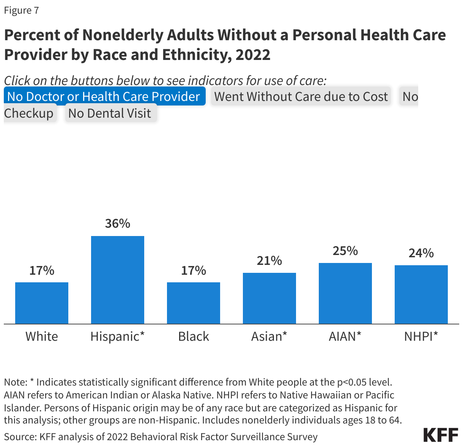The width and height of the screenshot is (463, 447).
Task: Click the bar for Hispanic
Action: (x=118, y=280)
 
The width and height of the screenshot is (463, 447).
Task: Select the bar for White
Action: (x=42, y=303)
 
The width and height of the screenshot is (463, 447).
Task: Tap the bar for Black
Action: (x=194, y=303)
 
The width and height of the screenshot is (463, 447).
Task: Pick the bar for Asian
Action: (x=269, y=298)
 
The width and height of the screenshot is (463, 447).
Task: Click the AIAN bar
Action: (x=345, y=293)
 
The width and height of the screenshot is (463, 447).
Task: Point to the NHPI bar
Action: (x=421, y=294)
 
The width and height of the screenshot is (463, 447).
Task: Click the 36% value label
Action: (x=118, y=223)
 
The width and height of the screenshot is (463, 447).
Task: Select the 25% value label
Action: (x=345, y=251)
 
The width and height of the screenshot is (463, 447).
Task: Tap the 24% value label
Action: (x=421, y=253)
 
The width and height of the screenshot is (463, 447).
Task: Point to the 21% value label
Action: (x=269, y=261)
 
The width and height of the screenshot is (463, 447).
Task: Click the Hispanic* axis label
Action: (x=118, y=336)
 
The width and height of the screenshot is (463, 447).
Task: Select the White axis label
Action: (x=42, y=336)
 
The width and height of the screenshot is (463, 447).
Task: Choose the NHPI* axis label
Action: (x=421, y=336)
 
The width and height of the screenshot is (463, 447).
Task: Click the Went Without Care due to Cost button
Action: (x=301, y=96)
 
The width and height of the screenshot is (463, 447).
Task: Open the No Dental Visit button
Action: (x=110, y=113)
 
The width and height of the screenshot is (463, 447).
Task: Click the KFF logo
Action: (x=441, y=435)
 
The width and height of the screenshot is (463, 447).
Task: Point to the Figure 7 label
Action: (x=21, y=10)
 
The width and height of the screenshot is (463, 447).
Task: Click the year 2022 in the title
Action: (x=253, y=55)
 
